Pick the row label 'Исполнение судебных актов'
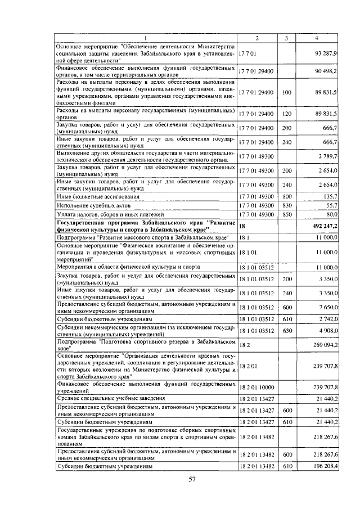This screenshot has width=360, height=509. pyautogui.click(x=93, y=205)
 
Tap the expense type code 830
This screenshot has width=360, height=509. pyautogui.click(x=286, y=205)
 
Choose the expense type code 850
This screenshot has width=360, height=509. pyautogui.click(x=286, y=214)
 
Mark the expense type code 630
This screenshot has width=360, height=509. pyautogui.click(x=286, y=331)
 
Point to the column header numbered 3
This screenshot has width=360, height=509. pyautogui.click(x=286, y=38)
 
